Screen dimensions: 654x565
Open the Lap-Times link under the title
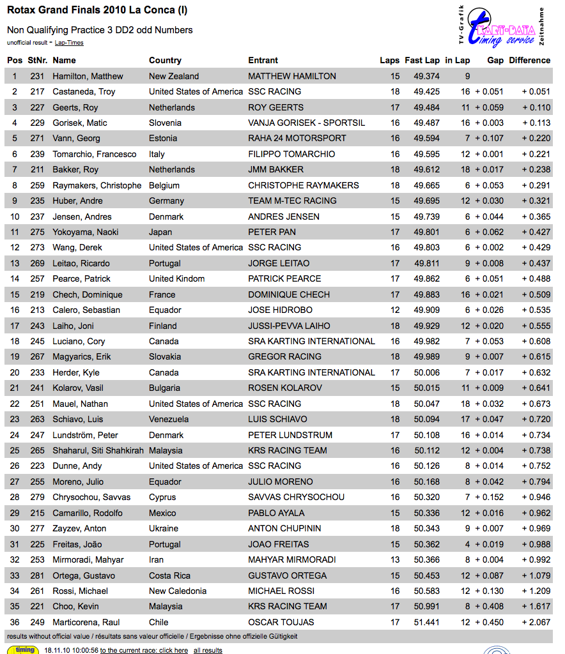pos(69,43)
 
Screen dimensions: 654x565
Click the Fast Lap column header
pos(422,60)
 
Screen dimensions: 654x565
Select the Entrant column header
pos(263,60)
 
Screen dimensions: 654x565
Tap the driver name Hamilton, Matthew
pos(88,76)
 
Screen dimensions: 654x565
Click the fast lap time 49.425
pos(426,91)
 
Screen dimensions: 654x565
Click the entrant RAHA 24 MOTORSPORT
pos(297,138)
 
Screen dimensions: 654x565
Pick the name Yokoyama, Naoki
pos(85,232)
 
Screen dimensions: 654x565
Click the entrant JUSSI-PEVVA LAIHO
pos(289,326)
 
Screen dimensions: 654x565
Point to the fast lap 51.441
pos(426,622)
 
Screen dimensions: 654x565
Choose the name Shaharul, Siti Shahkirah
pos(98,450)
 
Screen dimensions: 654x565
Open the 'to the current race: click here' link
pos(144,650)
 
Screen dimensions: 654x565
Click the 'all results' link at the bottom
pos(208,650)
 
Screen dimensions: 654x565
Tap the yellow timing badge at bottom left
pos(25,650)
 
